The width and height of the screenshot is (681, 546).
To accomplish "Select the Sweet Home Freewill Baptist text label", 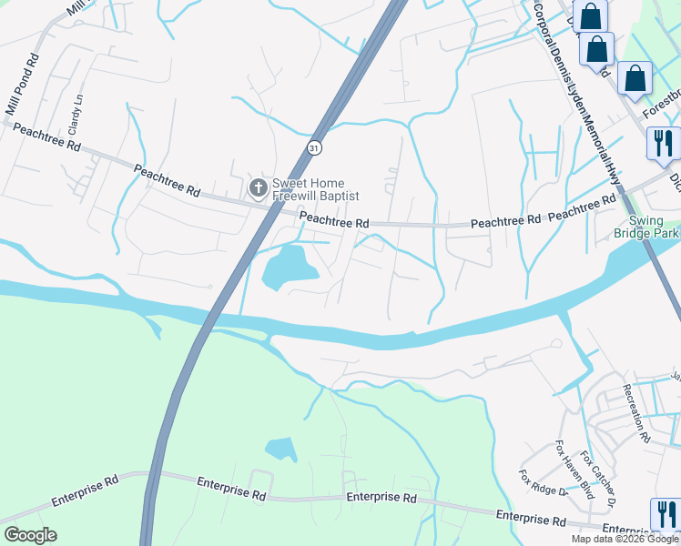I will click(x=316, y=189).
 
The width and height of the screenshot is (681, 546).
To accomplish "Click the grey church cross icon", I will click(x=258, y=188).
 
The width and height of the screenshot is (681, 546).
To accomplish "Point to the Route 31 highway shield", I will click(x=313, y=147).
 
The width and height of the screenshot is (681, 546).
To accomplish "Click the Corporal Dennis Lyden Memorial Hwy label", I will click(x=576, y=91).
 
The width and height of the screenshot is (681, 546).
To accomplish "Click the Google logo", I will click(x=30, y=535).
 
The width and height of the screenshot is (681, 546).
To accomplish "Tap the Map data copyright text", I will click(x=625, y=539).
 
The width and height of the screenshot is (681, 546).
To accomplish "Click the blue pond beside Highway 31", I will click(x=289, y=265).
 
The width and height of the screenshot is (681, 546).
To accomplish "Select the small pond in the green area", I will click(x=280, y=449).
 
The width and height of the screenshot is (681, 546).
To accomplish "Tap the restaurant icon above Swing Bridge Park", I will click(x=663, y=143).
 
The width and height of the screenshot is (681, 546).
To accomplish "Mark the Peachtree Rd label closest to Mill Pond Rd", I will click(x=46, y=138).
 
